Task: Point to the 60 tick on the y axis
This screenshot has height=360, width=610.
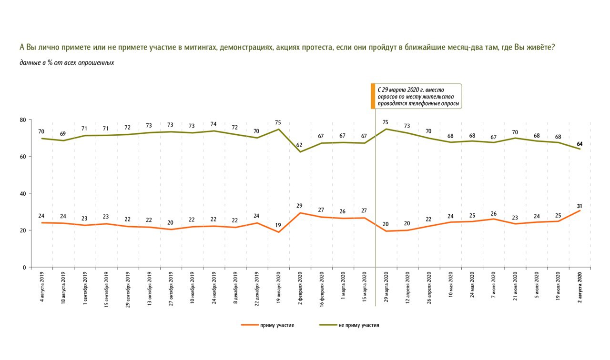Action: (x=22, y=157)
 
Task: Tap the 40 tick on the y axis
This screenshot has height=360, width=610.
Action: (x=22, y=194)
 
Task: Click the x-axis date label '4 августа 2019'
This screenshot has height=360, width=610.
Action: (x=42, y=287)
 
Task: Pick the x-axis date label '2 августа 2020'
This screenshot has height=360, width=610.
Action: (x=580, y=287)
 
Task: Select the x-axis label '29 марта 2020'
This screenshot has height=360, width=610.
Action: (x=386, y=287)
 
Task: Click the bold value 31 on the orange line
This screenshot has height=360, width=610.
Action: (x=579, y=206)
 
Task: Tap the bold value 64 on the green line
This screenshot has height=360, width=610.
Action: (x=579, y=144)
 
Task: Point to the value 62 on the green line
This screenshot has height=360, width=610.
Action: (x=299, y=145)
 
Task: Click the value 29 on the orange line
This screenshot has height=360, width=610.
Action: (x=299, y=206)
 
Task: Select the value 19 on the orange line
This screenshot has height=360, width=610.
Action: (x=278, y=225)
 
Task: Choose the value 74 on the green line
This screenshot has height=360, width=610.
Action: (x=213, y=124)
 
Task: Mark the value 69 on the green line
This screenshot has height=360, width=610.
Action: (x=62, y=134)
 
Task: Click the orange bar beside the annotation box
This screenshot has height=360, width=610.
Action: (x=373, y=96)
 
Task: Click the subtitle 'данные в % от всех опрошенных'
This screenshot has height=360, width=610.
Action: (x=67, y=63)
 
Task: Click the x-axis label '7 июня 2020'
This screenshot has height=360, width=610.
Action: (x=493, y=285)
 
